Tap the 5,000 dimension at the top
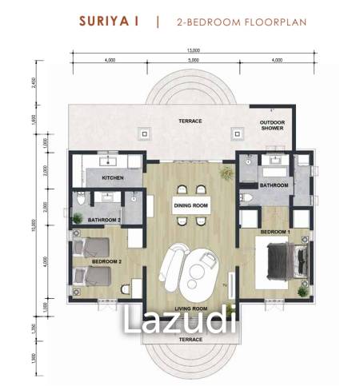[190, 60]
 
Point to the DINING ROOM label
[190, 205]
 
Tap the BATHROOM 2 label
[106, 220]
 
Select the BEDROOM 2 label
[106, 261]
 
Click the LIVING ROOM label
[190, 308]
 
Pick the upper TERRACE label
[190, 121]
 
